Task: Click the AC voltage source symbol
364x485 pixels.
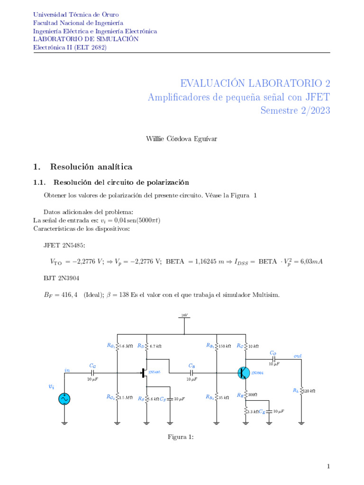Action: (x=64, y=399)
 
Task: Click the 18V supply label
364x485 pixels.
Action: (x=184, y=315)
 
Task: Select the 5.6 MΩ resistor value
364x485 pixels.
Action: (x=126, y=346)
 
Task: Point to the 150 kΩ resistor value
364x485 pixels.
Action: (x=225, y=346)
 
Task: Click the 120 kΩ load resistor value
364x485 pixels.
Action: (x=309, y=391)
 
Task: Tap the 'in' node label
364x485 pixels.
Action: (x=67, y=370)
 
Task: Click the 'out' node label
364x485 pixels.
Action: (x=298, y=355)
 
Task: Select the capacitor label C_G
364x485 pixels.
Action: (x=92, y=366)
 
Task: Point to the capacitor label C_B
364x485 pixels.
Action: (x=191, y=366)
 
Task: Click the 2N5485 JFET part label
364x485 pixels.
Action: (x=154, y=372)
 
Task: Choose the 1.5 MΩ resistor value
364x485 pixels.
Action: (x=126, y=397)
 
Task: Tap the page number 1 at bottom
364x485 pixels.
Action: (x=328, y=467)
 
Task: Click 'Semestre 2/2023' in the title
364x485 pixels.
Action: (x=295, y=110)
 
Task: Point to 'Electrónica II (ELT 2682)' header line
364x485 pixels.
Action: (x=70, y=47)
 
